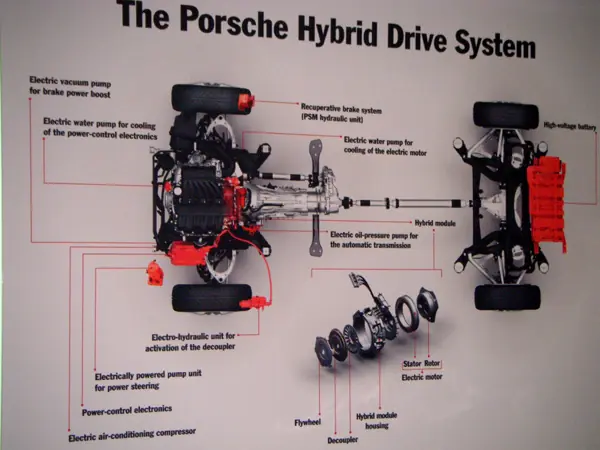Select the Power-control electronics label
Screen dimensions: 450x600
(x=126, y=409)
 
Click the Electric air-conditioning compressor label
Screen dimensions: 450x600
(x=132, y=434)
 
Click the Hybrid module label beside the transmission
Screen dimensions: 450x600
(x=435, y=222)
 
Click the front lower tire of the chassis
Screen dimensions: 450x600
(x=211, y=297)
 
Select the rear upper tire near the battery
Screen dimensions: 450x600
(x=506, y=114)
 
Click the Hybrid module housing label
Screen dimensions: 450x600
(x=379, y=420)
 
